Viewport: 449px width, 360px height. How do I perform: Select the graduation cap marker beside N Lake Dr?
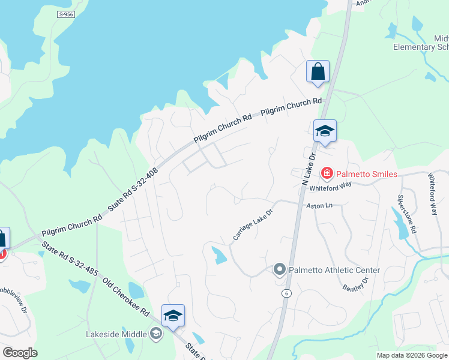click(325, 131)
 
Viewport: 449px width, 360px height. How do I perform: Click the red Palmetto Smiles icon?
click(328, 174)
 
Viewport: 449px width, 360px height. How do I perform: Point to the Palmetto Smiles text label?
click(366, 174)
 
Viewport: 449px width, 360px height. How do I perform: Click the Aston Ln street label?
click(319, 205)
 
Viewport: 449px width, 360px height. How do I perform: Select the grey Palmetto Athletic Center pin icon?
click(279, 270)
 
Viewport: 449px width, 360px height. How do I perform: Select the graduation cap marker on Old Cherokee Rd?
click(173, 316)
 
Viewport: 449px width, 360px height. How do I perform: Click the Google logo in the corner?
click(20, 353)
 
